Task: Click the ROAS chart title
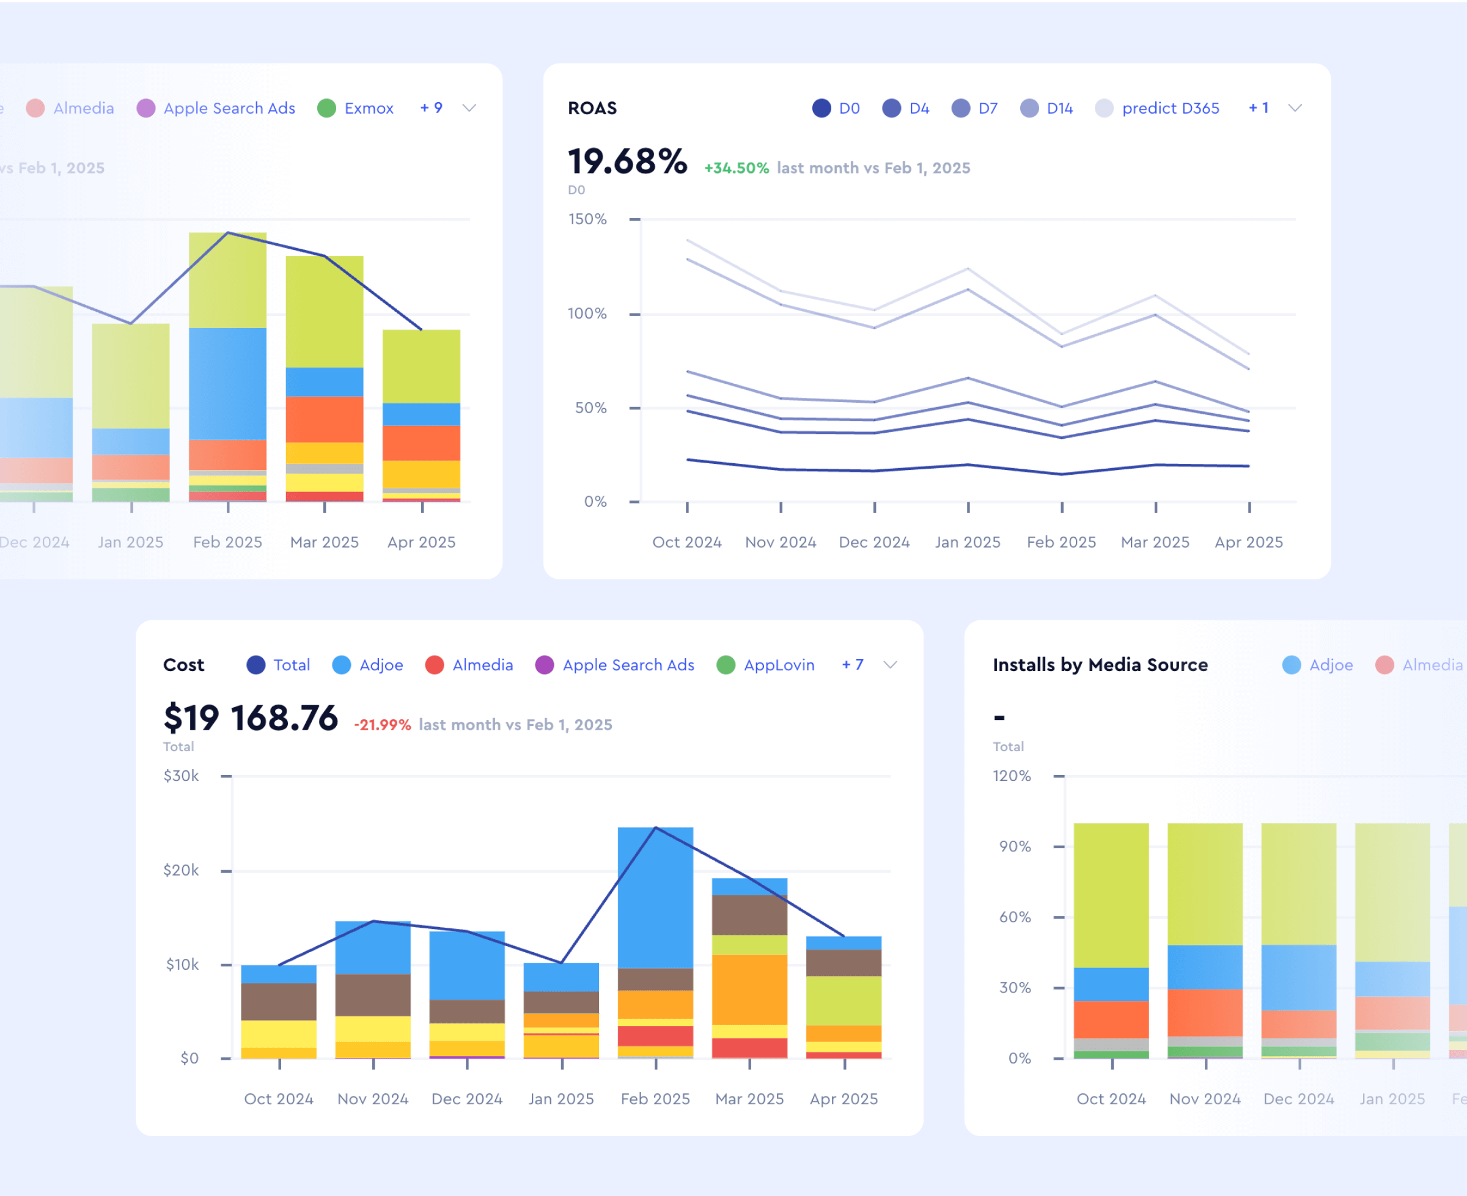click(x=592, y=108)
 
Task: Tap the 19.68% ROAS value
click(x=627, y=162)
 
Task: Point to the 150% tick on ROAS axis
click(x=587, y=219)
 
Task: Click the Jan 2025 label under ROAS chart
click(x=968, y=542)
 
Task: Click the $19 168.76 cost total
click(x=250, y=718)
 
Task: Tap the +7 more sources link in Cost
click(x=852, y=665)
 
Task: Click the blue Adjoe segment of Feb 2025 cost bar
click(x=655, y=895)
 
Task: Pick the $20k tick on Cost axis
click(x=180, y=870)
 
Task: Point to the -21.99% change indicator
click(x=383, y=725)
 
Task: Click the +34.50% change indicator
click(x=736, y=168)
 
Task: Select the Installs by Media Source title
click(x=1100, y=665)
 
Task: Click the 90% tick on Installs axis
click(x=1015, y=846)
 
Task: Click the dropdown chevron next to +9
click(x=469, y=108)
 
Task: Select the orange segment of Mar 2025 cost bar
click(x=749, y=989)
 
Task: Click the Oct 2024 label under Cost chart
click(x=278, y=1099)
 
